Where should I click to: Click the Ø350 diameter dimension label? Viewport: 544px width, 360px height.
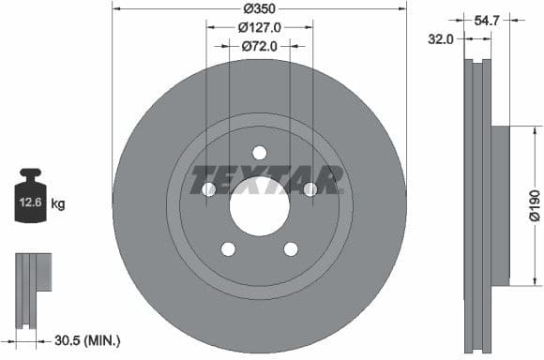pyautogui.click(x=259, y=8)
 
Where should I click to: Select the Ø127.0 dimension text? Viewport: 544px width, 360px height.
pyautogui.click(x=259, y=27)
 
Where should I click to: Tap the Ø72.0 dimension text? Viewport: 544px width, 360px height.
pyautogui.click(x=259, y=45)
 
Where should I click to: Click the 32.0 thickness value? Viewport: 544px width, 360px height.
pyautogui.click(x=441, y=38)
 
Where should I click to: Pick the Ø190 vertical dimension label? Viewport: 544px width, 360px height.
pyautogui.click(x=533, y=203)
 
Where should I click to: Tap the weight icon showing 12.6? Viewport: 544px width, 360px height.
pyautogui.click(x=30, y=198)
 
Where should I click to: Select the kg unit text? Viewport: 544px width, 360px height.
pyautogui.click(x=58, y=203)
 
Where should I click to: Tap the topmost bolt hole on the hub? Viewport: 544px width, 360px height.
pyautogui.click(x=260, y=153)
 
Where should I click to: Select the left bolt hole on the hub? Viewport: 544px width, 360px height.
pyautogui.click(x=209, y=189)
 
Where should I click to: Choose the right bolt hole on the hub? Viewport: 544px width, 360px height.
pyautogui.click(x=310, y=189)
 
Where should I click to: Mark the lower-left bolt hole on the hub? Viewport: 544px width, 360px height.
pyautogui.click(x=228, y=248)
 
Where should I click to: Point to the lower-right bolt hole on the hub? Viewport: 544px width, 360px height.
pyautogui.click(x=291, y=248)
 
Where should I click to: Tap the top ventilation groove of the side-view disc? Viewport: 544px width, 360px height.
pyautogui.click(x=479, y=64)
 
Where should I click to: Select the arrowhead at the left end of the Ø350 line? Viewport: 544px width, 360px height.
pyautogui.click(x=115, y=8)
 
